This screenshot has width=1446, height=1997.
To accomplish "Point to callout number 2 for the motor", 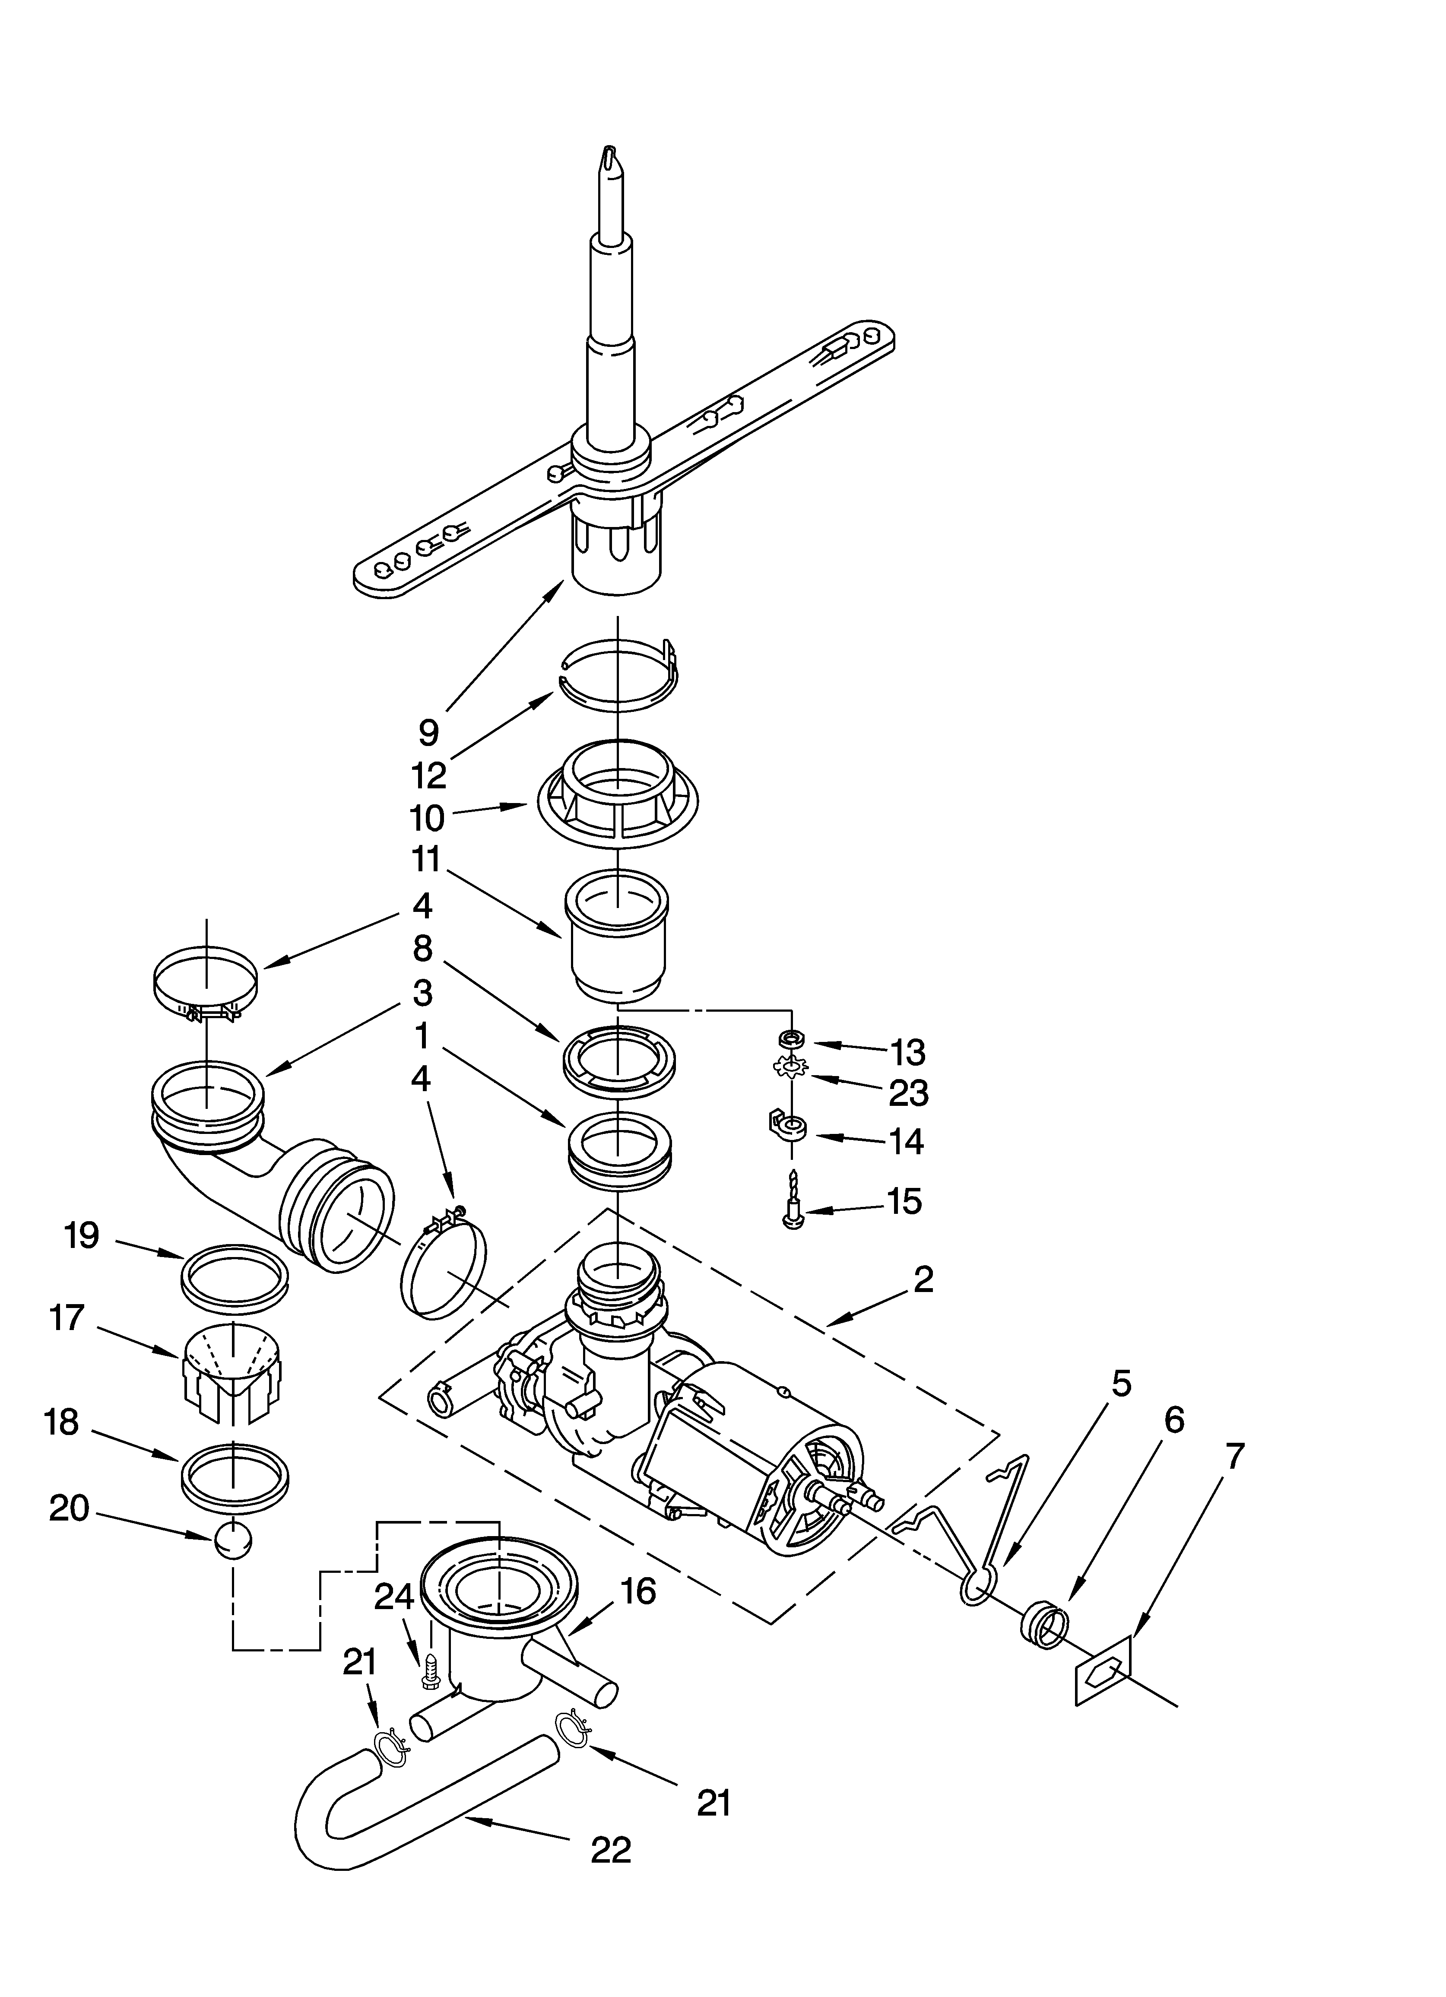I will click(923, 1279).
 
